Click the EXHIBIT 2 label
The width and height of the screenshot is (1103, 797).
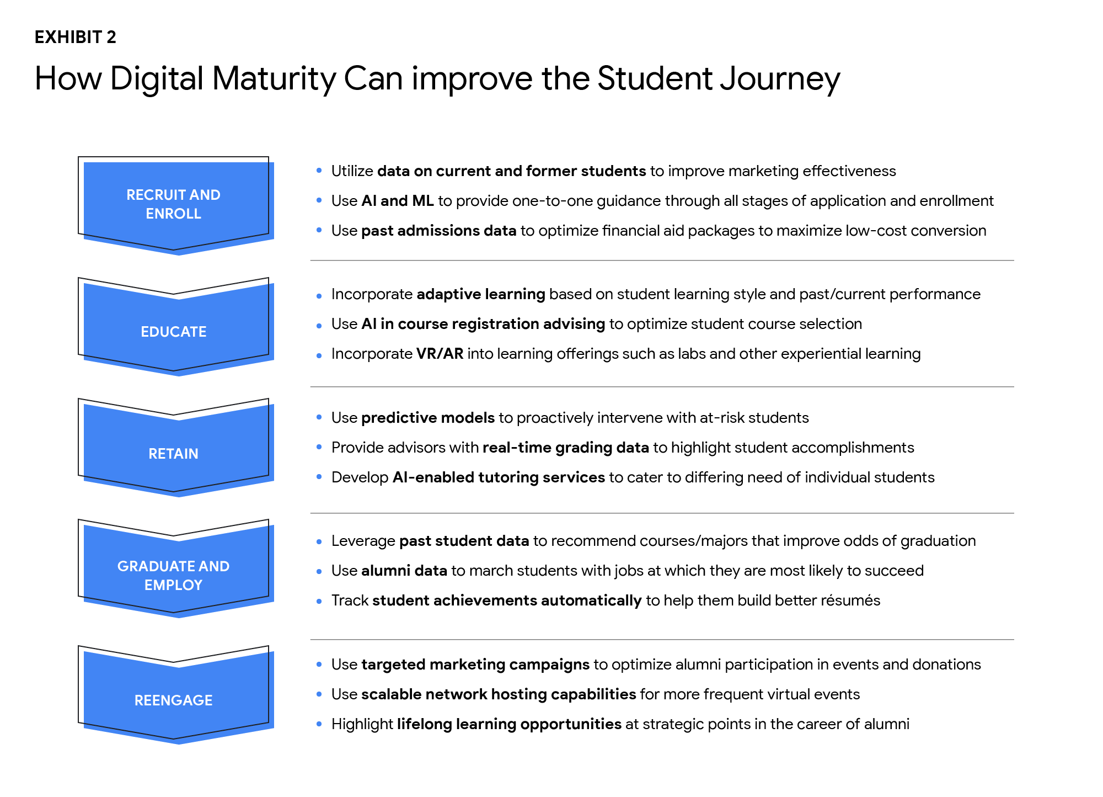[x=76, y=37]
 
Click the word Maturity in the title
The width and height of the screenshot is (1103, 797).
[x=274, y=79]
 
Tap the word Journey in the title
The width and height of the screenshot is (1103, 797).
[x=780, y=79]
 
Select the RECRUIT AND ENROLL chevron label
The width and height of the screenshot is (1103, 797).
[x=174, y=204]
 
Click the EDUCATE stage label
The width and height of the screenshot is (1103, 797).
[x=174, y=332]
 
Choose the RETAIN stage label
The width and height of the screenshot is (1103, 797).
[x=174, y=454]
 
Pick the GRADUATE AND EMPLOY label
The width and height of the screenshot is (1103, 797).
[x=174, y=576]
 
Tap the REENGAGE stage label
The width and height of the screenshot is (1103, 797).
[x=174, y=700]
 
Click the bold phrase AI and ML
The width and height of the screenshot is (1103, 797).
[x=398, y=201]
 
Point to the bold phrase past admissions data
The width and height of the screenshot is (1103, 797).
[x=439, y=231]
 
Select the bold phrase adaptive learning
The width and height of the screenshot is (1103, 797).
[x=481, y=294]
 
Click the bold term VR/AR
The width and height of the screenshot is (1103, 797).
[x=440, y=354]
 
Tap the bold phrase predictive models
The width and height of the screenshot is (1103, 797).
[x=428, y=418]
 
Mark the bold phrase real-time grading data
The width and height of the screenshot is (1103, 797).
[x=566, y=448]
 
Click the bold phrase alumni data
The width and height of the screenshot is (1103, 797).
[x=404, y=571]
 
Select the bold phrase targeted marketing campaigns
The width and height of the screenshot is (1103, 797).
[x=475, y=665]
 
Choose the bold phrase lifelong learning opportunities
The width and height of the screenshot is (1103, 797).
[x=510, y=724]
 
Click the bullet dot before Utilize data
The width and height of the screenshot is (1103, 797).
[x=319, y=171]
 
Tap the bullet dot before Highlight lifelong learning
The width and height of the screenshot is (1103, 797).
[x=319, y=724]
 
